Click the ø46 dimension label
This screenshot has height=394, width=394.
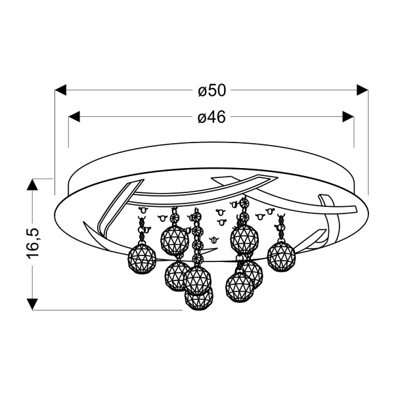(x=211, y=118)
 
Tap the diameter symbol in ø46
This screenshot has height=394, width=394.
(x=202, y=118)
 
